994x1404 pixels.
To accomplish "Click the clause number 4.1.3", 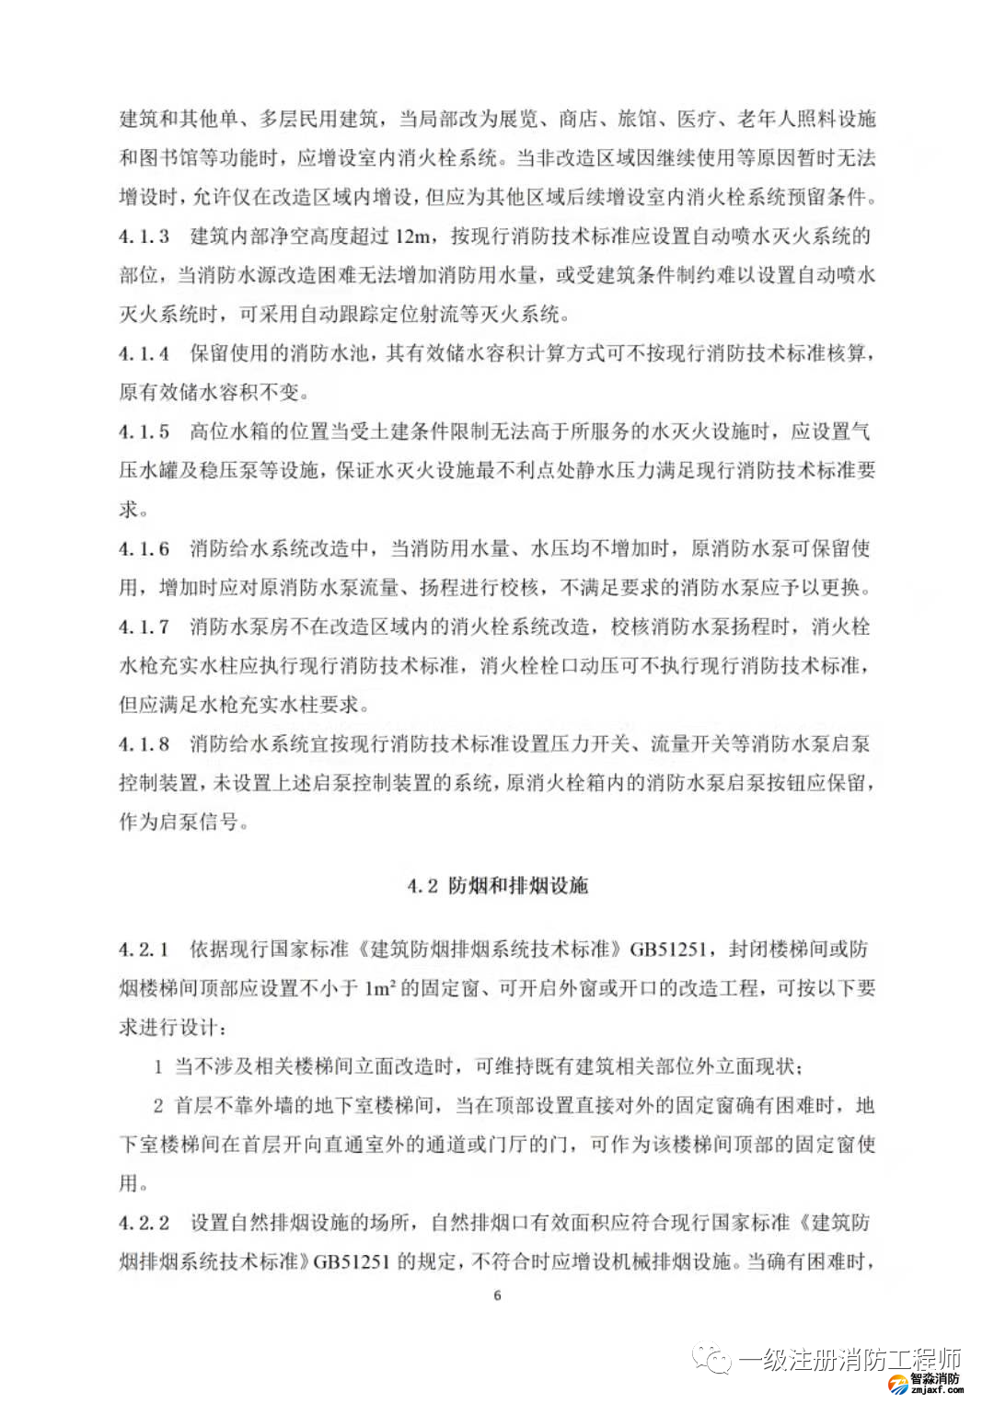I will pos(144,236).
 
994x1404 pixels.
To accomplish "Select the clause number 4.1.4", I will pos(144,353).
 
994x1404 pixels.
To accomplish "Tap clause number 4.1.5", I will pos(144,432).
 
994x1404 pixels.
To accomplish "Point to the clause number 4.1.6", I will pos(144,549).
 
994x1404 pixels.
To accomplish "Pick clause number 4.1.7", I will pos(144,627).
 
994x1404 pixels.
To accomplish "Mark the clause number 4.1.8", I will pos(144,744).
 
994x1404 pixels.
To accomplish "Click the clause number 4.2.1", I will pos(144,949).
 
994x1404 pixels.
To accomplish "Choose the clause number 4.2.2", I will pos(144,1223).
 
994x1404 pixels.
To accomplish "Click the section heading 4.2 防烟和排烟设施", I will pos(497,886).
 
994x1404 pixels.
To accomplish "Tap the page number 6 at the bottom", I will pos(498,1295).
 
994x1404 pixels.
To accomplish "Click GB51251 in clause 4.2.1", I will pos(668,949).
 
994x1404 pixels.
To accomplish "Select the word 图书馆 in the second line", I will pos(169,158).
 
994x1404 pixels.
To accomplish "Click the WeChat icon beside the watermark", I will pos(712,1359).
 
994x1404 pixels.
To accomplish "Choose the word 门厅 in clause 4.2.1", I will pos(529,1145).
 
